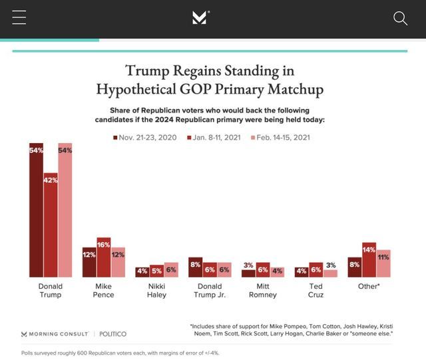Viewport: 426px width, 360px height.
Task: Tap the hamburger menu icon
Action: [19, 18]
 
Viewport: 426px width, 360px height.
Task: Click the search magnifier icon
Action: [400, 19]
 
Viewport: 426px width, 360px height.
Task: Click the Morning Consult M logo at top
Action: [200, 18]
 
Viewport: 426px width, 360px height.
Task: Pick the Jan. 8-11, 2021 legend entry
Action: [216, 138]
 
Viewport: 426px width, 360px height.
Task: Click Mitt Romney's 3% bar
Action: [248, 273]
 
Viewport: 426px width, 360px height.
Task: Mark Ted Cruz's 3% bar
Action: [331, 273]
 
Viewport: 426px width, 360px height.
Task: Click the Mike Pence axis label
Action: [104, 291]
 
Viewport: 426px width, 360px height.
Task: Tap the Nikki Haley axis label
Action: [156, 291]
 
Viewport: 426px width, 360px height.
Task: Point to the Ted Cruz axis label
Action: [316, 291]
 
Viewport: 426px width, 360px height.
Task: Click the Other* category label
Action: [369, 287]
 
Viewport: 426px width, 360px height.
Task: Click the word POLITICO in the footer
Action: [112, 334]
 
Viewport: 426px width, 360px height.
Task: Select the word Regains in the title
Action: [199, 71]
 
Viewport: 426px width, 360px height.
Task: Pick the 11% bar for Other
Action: [383, 264]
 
